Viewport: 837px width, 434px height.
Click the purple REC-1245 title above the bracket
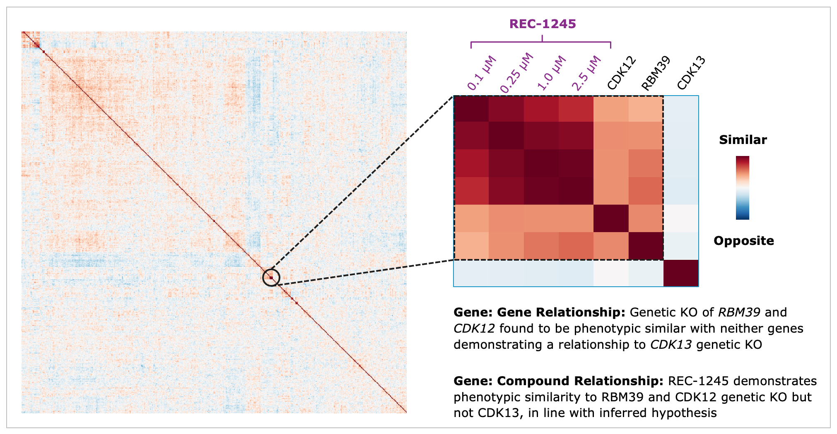click(543, 24)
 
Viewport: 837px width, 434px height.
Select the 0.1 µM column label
click(481, 74)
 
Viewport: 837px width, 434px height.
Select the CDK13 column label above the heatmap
click(691, 73)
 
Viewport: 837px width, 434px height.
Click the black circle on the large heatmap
click(271, 278)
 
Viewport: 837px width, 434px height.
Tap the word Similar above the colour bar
click(743, 140)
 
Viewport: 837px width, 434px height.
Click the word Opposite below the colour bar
click(743, 241)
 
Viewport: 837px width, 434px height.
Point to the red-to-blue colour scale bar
click(743, 187)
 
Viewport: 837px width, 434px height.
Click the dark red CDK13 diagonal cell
click(681, 273)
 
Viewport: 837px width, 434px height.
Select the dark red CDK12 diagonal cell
click(611, 218)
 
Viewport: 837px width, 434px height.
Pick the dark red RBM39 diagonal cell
click(646, 246)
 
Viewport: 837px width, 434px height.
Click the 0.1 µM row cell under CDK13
click(681, 109)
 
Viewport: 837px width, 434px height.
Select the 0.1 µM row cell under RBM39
click(646, 109)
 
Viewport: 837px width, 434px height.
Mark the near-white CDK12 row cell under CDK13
click(681, 218)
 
